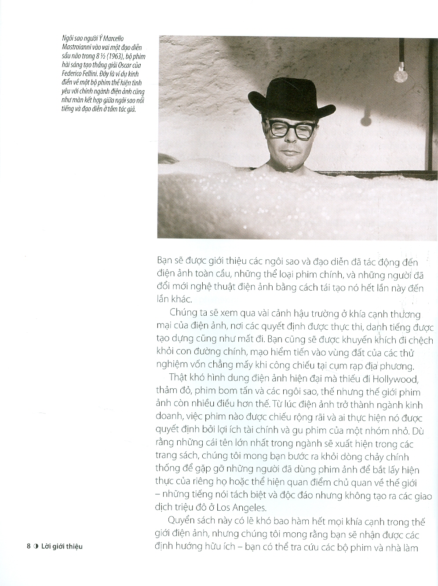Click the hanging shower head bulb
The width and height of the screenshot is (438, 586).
pyautogui.click(x=400, y=74)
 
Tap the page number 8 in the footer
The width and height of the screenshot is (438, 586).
pyautogui.click(x=29, y=546)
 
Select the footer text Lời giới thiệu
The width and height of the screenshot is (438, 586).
pyautogui.click(x=62, y=546)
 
